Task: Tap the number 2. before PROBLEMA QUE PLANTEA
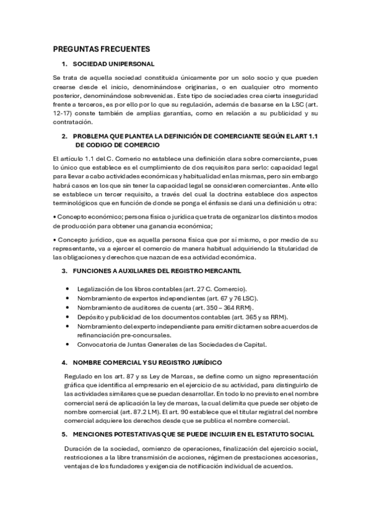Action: (64, 136)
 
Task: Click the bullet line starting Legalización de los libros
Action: (162, 289)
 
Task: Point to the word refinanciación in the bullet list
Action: (102, 335)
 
